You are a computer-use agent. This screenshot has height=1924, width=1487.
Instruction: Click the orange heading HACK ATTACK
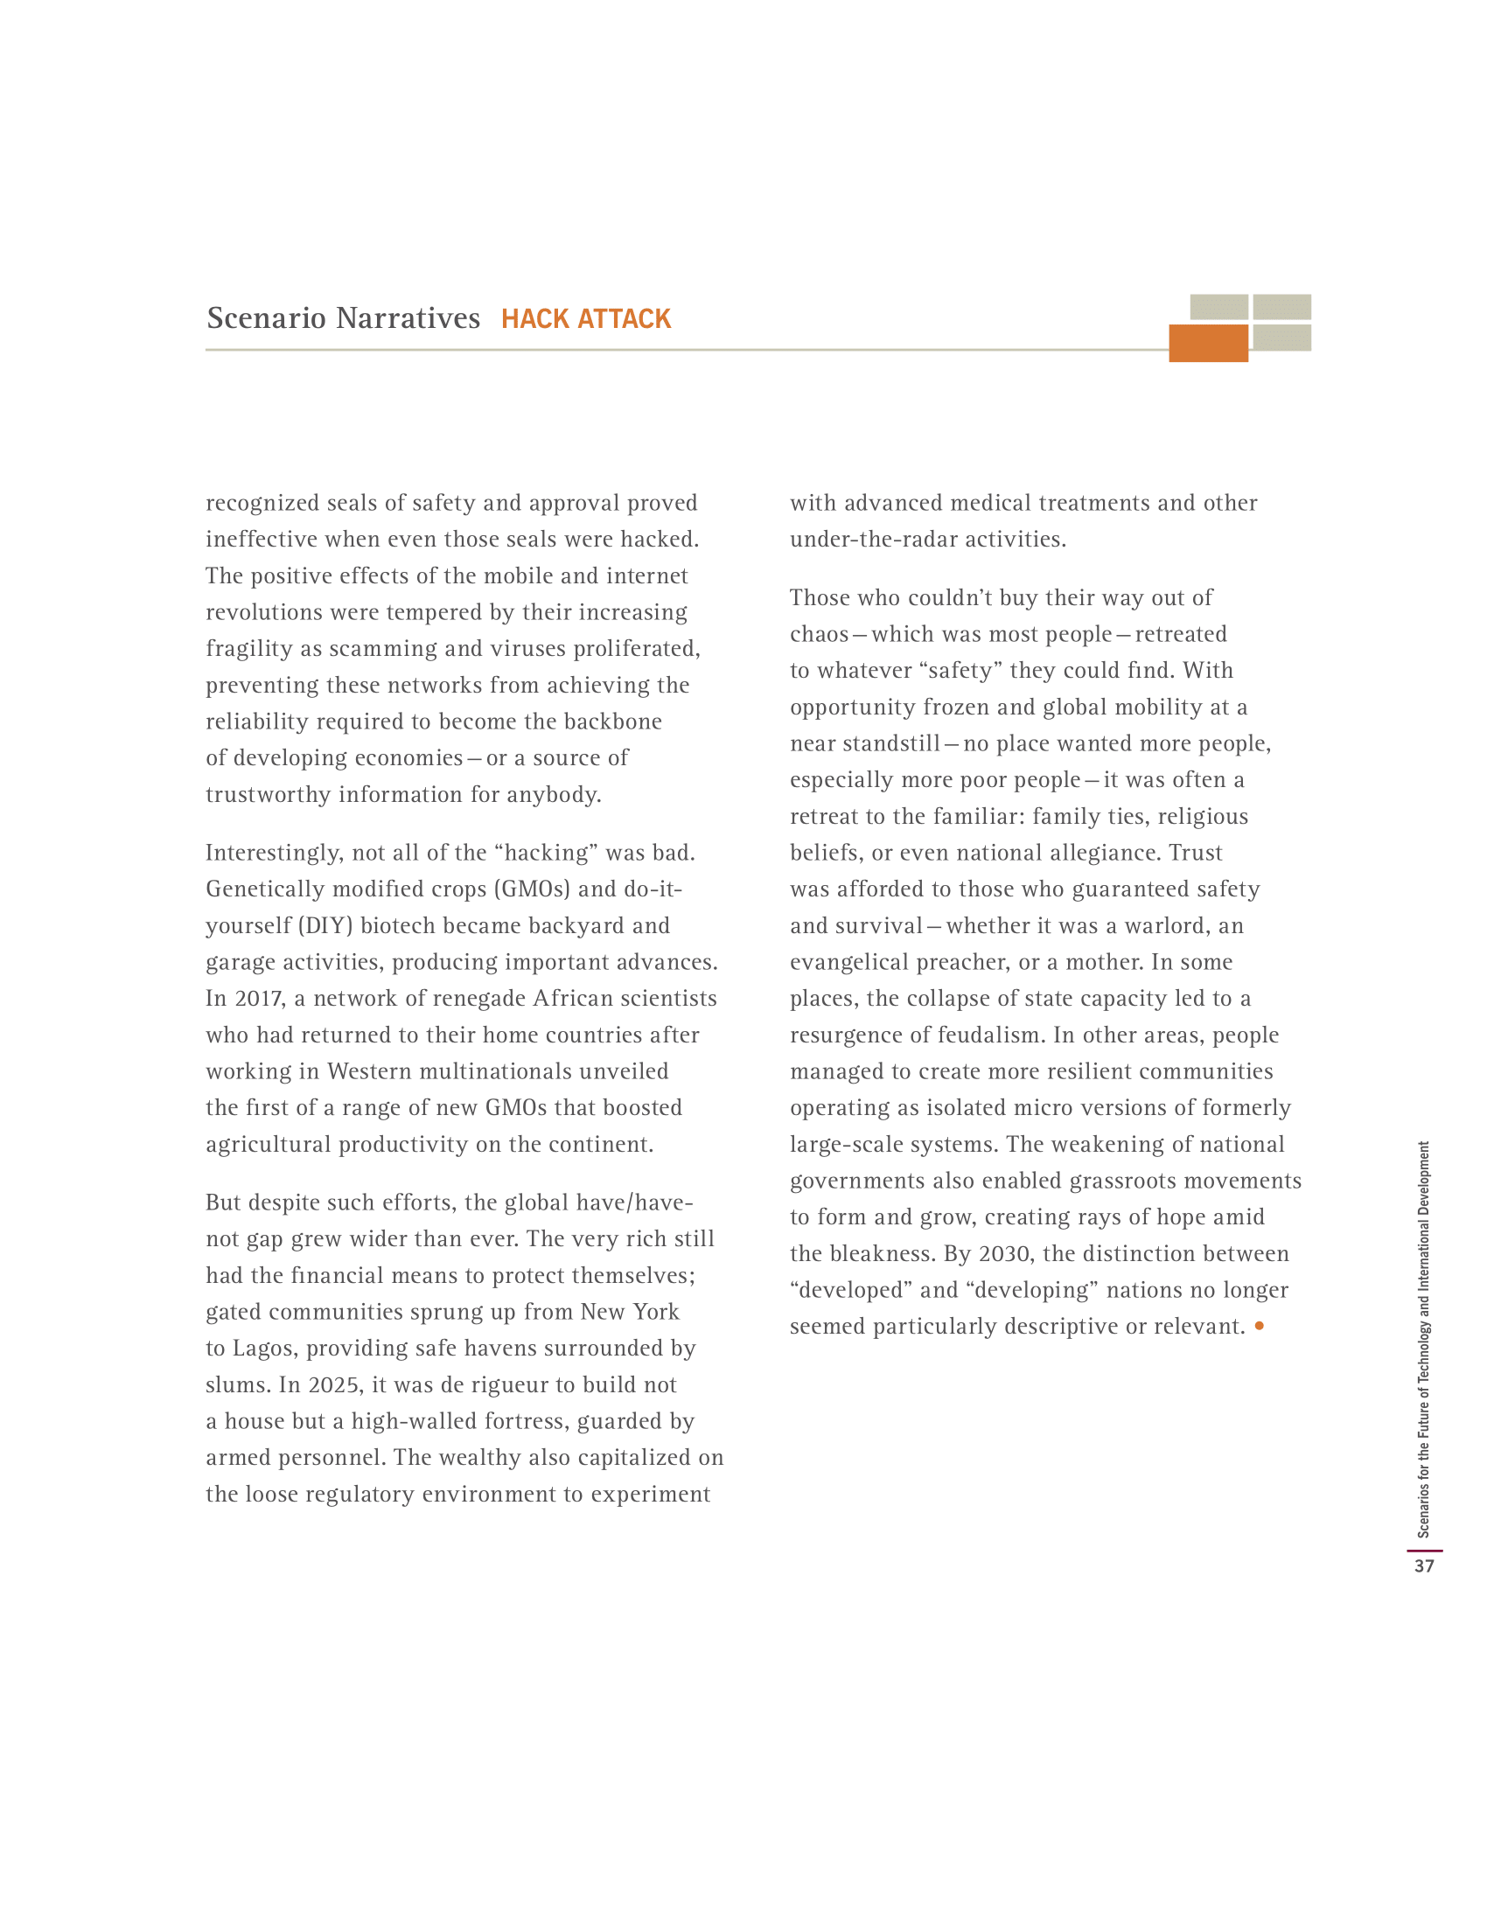(586, 318)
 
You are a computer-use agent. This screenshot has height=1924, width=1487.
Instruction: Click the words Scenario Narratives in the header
(344, 318)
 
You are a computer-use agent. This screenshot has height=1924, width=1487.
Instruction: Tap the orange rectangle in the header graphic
(1208, 343)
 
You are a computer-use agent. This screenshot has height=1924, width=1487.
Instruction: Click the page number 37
(1423, 1565)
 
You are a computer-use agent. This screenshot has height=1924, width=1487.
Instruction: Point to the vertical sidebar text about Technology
(1423, 1339)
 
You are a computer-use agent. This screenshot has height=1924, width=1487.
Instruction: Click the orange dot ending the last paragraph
(1259, 1325)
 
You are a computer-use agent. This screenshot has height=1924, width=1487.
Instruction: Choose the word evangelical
(853, 961)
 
